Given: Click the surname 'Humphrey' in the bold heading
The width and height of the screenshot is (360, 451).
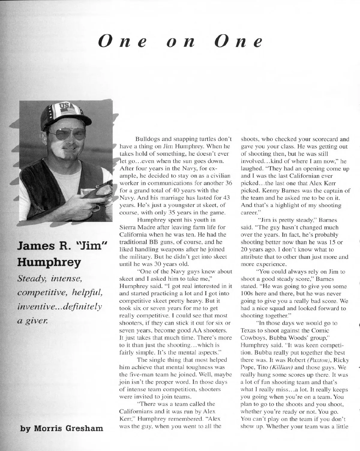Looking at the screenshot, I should [50, 263].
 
